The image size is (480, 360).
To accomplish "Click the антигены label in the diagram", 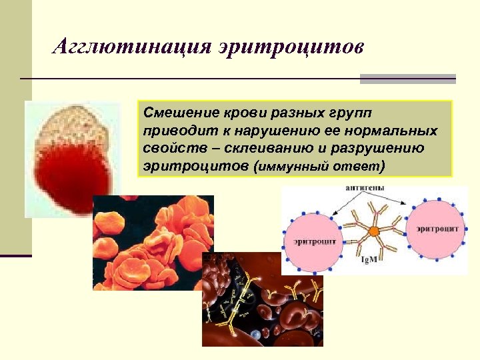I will [x=364, y=189].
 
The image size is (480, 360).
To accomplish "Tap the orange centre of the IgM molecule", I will [x=374, y=231].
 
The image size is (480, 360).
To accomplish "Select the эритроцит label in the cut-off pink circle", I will [x=437, y=229].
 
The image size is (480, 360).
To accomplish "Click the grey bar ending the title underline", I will [x=408, y=79].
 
